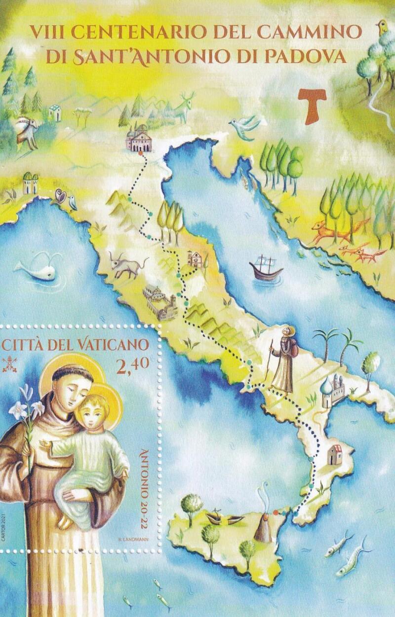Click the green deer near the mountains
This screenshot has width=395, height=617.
[183, 107]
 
